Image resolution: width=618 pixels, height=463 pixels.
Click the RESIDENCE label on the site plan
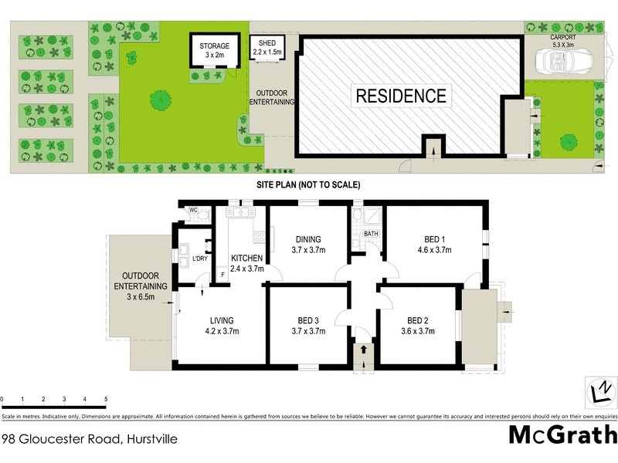tap(400, 96)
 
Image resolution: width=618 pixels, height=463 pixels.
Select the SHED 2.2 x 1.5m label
tap(267, 47)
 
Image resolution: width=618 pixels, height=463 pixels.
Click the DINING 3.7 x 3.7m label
tap(307, 245)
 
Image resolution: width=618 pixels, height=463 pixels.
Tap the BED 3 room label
tap(307, 326)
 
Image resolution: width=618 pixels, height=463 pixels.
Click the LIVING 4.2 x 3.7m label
tap(221, 326)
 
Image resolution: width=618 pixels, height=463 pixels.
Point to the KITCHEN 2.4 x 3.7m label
tap(247, 263)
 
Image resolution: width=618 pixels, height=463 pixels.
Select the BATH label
tap(371, 233)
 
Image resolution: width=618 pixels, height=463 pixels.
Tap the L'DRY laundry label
tap(199, 258)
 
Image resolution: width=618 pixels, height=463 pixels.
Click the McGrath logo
tap(562, 435)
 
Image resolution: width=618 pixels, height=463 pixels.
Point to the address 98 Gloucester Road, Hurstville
tap(90, 439)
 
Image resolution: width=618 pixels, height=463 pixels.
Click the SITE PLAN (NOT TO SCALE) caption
tap(309, 185)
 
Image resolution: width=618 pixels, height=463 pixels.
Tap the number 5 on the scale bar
tap(106, 399)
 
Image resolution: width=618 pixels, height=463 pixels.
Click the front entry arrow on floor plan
tap(363, 352)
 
